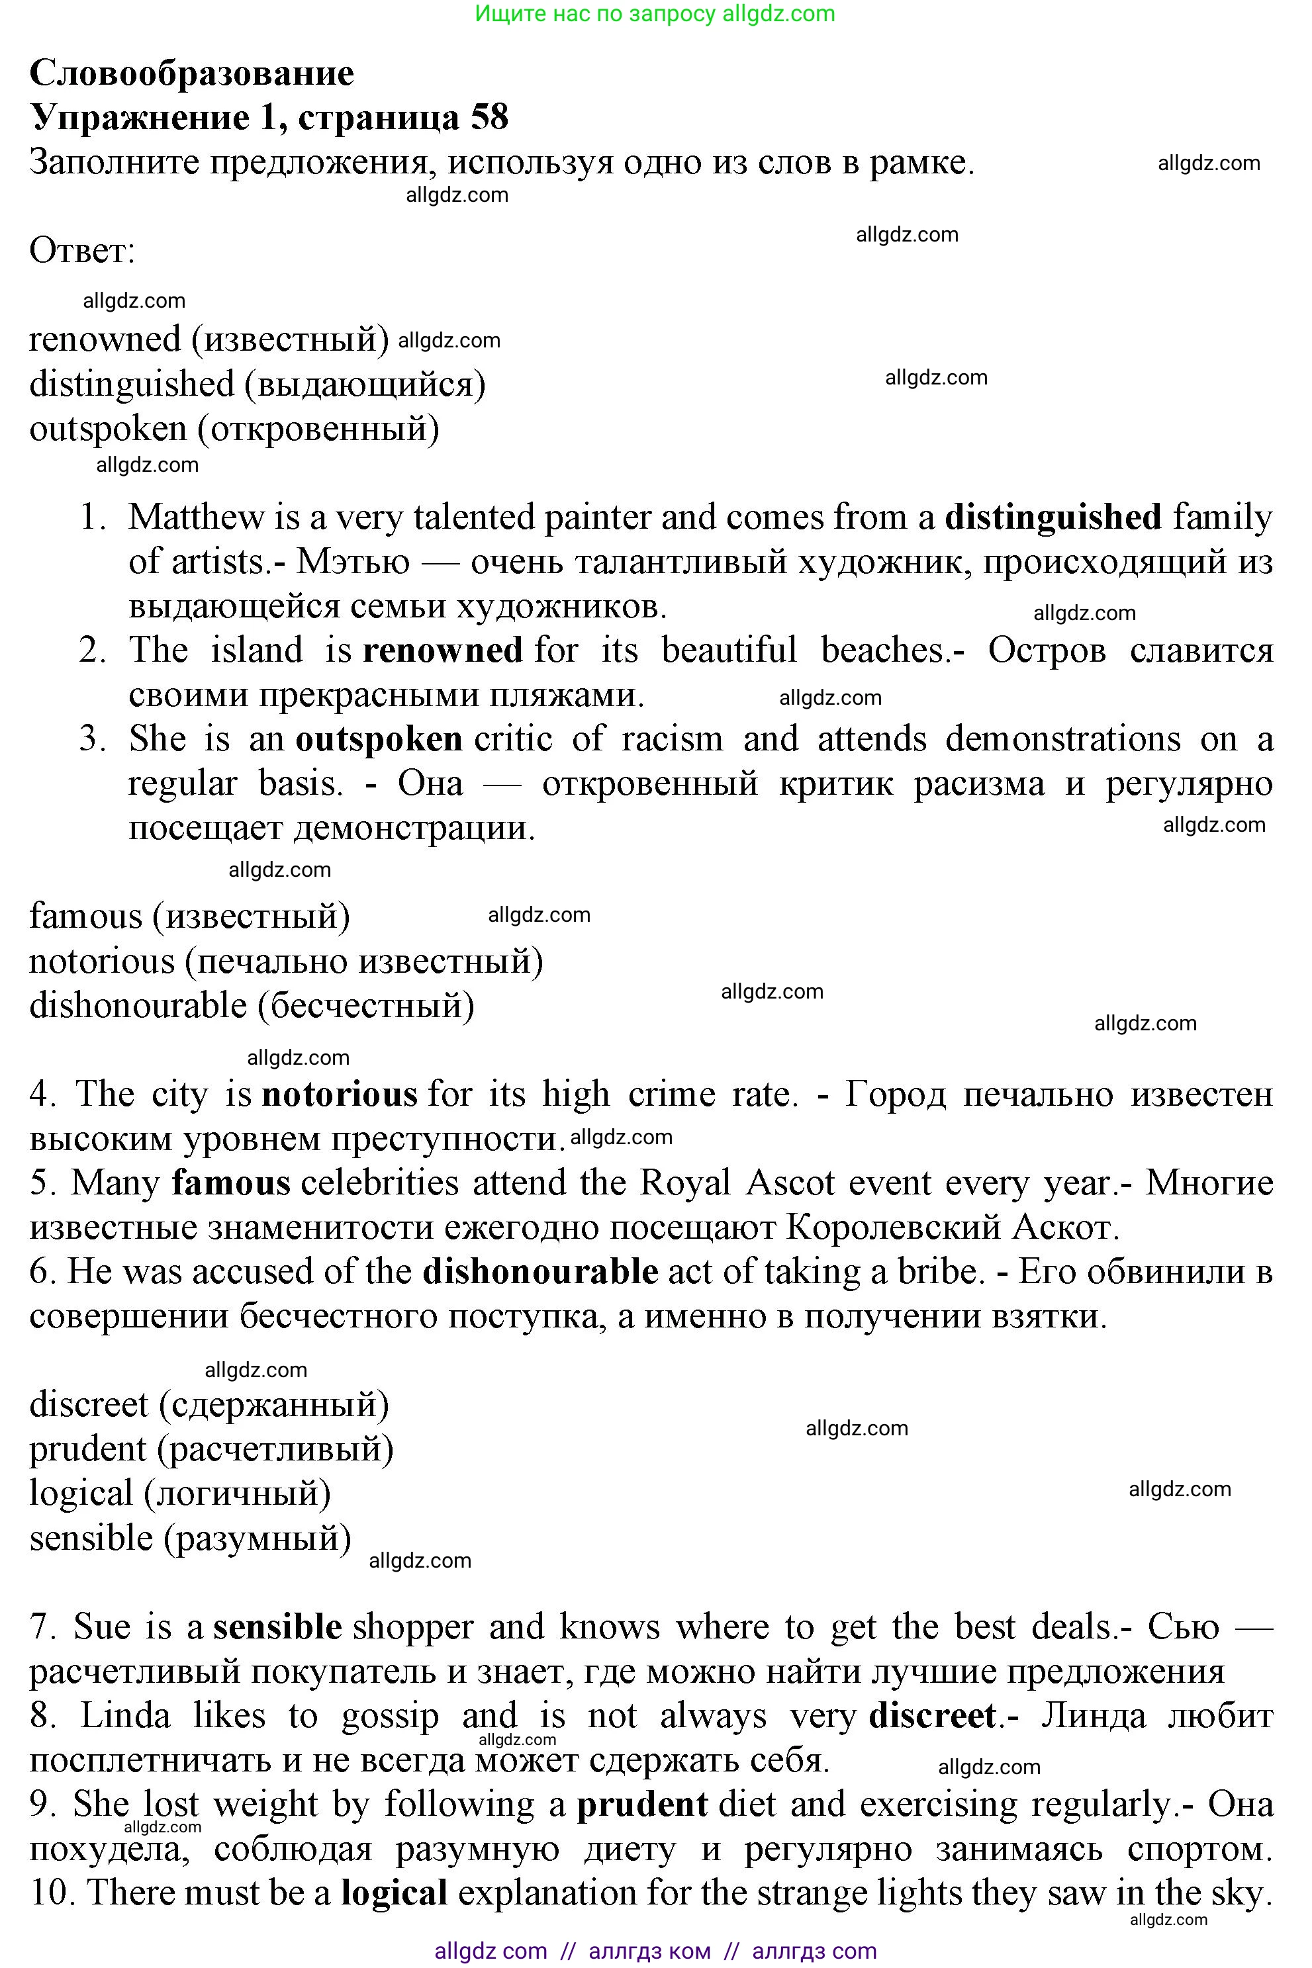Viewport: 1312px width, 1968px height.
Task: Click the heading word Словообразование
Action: tap(191, 73)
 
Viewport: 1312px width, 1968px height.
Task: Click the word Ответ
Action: tap(81, 251)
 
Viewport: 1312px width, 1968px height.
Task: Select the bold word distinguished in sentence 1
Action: tap(1053, 517)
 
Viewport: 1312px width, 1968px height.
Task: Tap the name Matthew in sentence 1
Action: tap(196, 517)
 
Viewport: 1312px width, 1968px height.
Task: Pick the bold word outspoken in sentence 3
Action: tap(379, 739)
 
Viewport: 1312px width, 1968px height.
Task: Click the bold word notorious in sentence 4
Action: tap(340, 1095)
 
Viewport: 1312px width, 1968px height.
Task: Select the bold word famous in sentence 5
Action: tap(231, 1183)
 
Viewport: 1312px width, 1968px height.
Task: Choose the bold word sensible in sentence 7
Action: tap(277, 1627)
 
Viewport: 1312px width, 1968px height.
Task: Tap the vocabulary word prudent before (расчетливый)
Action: tap(88, 1449)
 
